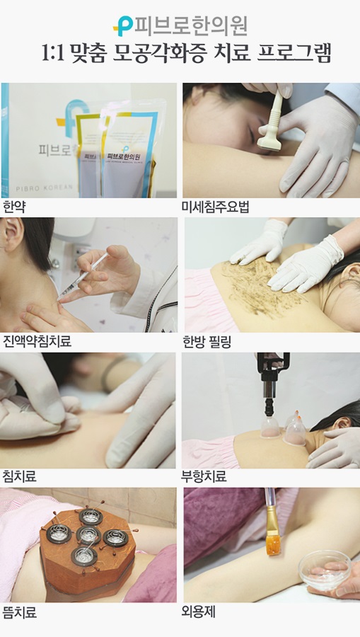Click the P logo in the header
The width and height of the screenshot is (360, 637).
point(123,26)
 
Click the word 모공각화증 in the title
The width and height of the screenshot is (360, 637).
point(155,53)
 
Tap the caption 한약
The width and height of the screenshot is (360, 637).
point(14,207)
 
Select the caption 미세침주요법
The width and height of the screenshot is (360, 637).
point(215,207)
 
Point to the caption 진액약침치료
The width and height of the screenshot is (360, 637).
point(37,341)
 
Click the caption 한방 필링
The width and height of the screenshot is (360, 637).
point(207,342)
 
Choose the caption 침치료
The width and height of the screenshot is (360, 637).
point(20,476)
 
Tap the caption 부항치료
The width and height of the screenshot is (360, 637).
point(204,476)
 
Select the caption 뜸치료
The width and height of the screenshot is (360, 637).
point(20,612)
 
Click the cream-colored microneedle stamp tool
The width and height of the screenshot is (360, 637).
point(272,121)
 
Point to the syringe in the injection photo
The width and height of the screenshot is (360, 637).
point(82,277)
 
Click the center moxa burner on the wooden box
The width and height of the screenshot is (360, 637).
point(88,534)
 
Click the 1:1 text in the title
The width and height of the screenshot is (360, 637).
point(53,53)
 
